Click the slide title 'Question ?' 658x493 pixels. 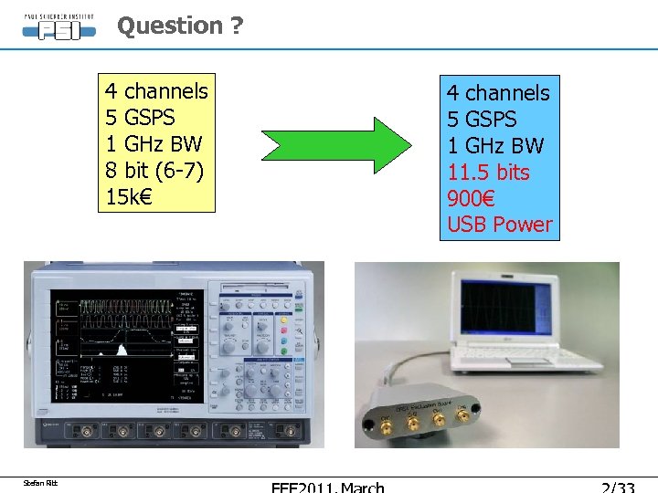(x=180, y=26)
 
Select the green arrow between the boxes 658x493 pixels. (x=337, y=144)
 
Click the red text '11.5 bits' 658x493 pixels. (x=488, y=173)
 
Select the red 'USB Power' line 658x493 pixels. (x=499, y=226)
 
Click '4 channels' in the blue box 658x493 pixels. (x=498, y=93)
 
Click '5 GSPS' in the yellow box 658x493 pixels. (x=140, y=118)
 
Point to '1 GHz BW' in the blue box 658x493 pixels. (x=495, y=146)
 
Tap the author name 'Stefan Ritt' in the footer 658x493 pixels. (x=41, y=483)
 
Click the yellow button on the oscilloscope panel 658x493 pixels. (x=285, y=320)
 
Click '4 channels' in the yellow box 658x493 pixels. (x=156, y=91)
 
